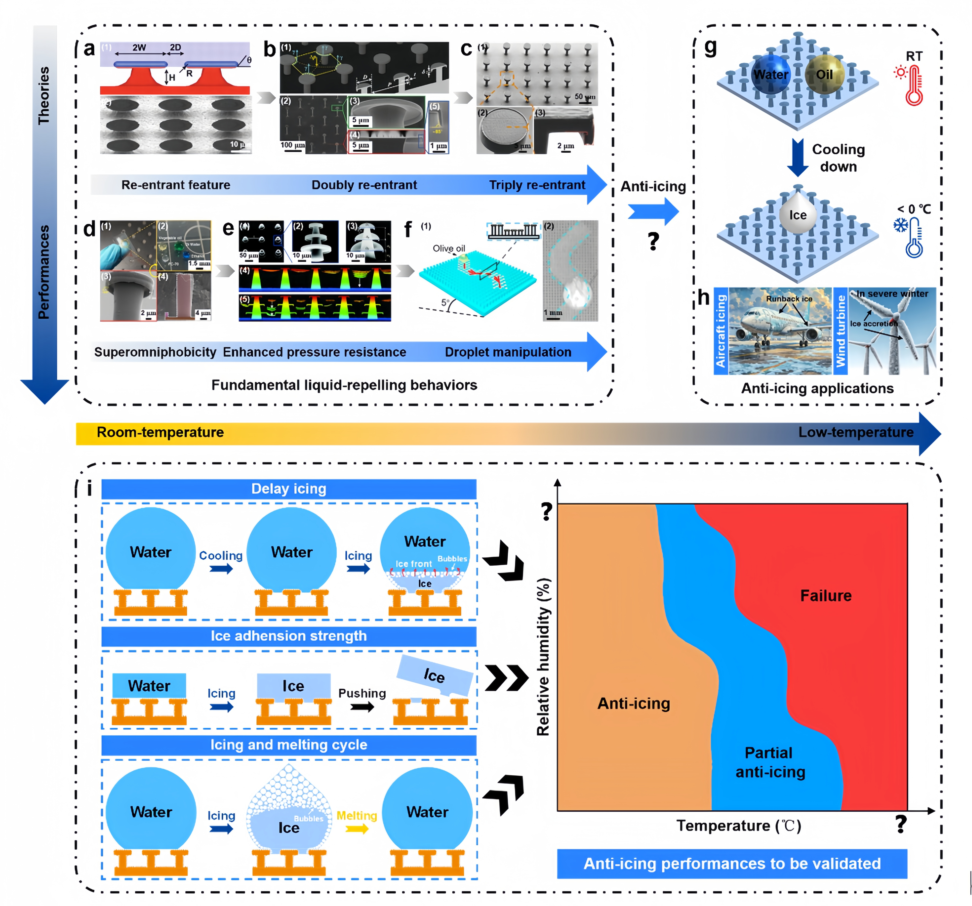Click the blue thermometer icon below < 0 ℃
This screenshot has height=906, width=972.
coord(913,238)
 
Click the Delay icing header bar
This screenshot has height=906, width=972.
coord(289,489)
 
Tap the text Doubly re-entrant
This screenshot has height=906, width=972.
coord(364,185)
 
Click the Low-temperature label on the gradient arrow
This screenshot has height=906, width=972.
coord(856,432)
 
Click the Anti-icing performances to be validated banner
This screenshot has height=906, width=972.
coord(732,863)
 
